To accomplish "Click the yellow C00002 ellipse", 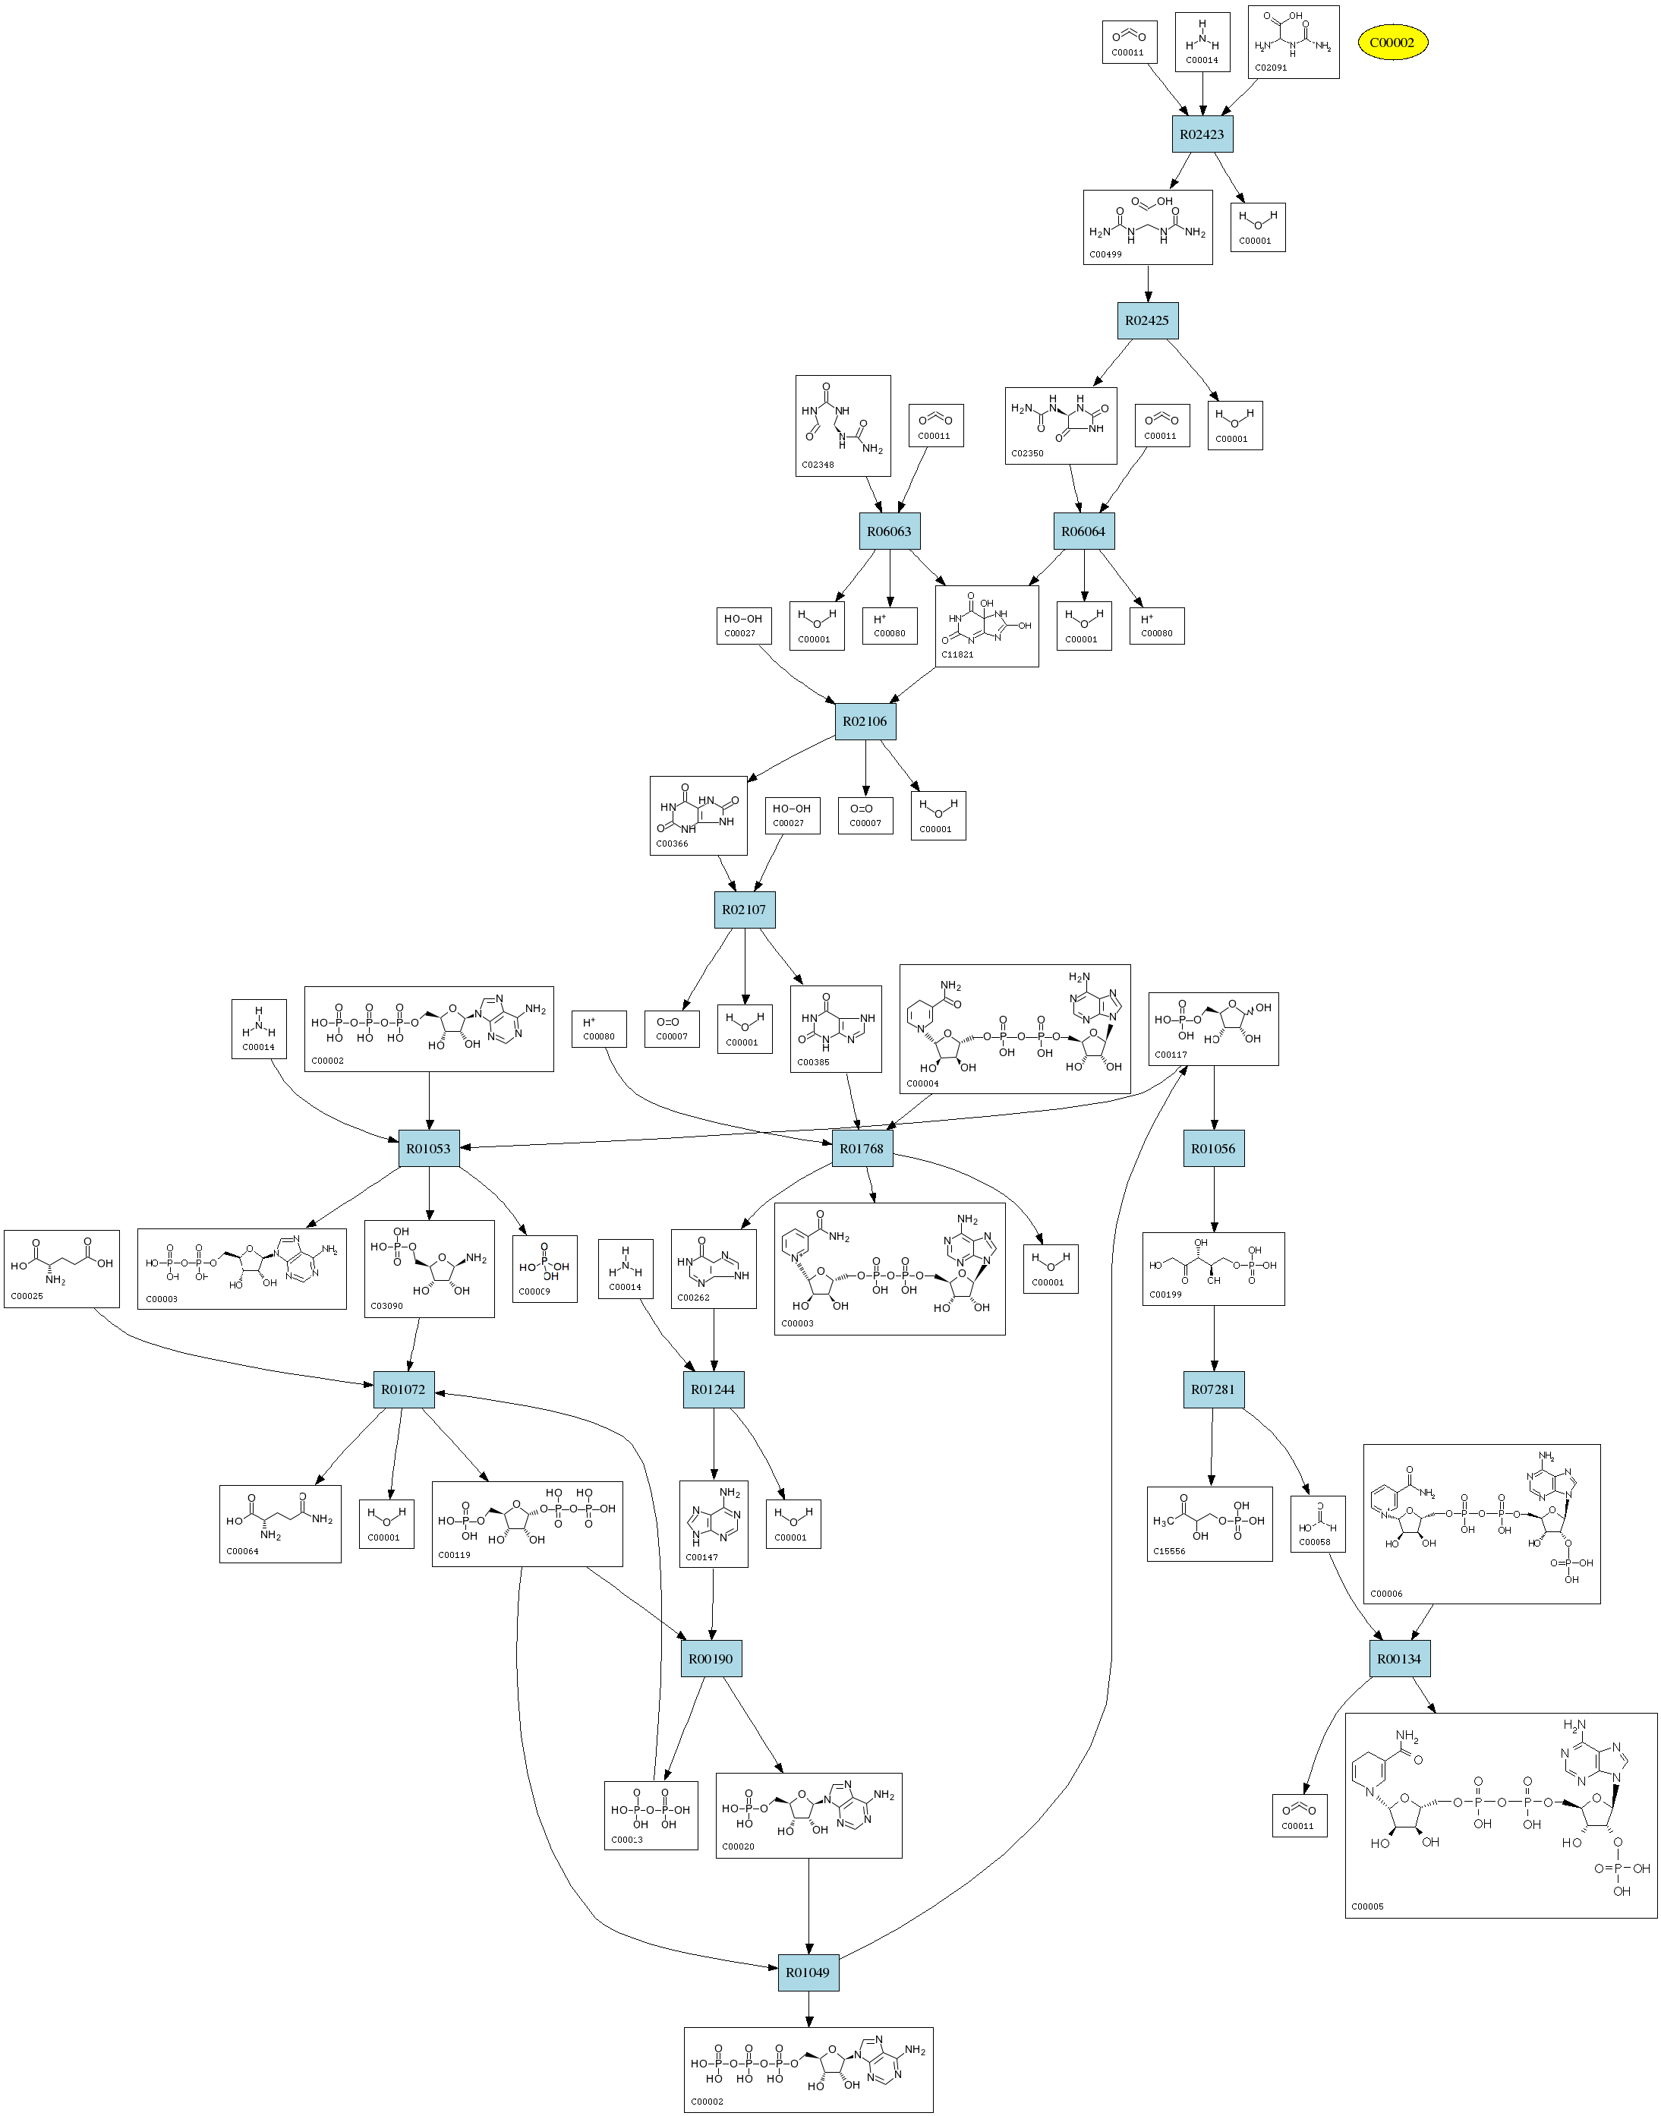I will (x=1392, y=43).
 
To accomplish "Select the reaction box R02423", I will (x=1202, y=134).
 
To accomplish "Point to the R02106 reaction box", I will (x=865, y=721).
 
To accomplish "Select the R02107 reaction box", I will (x=744, y=910).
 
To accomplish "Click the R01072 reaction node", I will (x=404, y=1389).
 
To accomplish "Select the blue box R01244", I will (x=713, y=1389).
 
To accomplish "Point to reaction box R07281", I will (x=1212, y=1389).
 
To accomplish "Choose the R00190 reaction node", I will (x=711, y=1659).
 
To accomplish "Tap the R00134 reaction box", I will (x=1399, y=1659).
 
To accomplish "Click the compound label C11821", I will (x=957, y=654).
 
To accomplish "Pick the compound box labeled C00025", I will (x=61, y=1269).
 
